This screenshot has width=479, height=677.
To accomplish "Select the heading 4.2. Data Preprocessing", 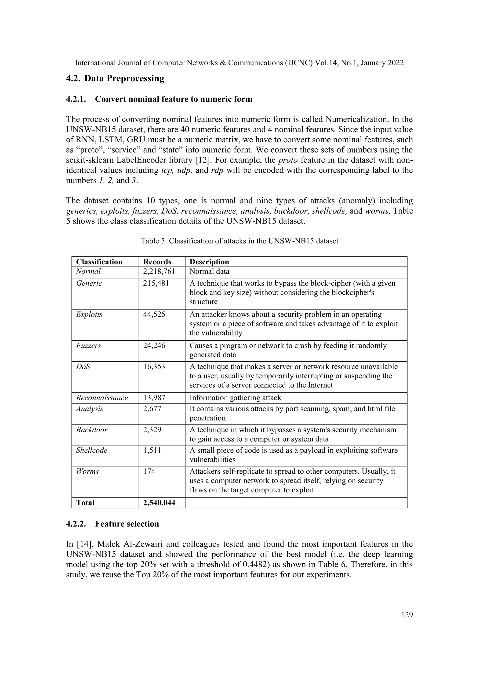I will click(x=115, y=79).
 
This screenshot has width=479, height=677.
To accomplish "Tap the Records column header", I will click(x=157, y=262).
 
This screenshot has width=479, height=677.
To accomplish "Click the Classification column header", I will click(x=99, y=262).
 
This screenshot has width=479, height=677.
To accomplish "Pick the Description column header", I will click(x=209, y=262).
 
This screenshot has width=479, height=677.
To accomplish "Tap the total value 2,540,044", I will click(x=159, y=503).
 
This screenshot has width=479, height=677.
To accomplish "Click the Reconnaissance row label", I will click(x=102, y=398).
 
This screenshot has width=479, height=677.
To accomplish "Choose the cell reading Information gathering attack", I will click(x=235, y=398).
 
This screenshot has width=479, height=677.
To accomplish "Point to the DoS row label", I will click(x=83, y=367).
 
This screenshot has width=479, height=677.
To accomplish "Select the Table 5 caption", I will click(x=239, y=241).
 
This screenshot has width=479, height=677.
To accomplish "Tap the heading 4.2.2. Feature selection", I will click(x=112, y=524).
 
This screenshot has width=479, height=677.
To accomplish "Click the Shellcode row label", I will click(x=92, y=450).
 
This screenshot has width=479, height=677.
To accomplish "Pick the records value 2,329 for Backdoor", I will click(x=152, y=430).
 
